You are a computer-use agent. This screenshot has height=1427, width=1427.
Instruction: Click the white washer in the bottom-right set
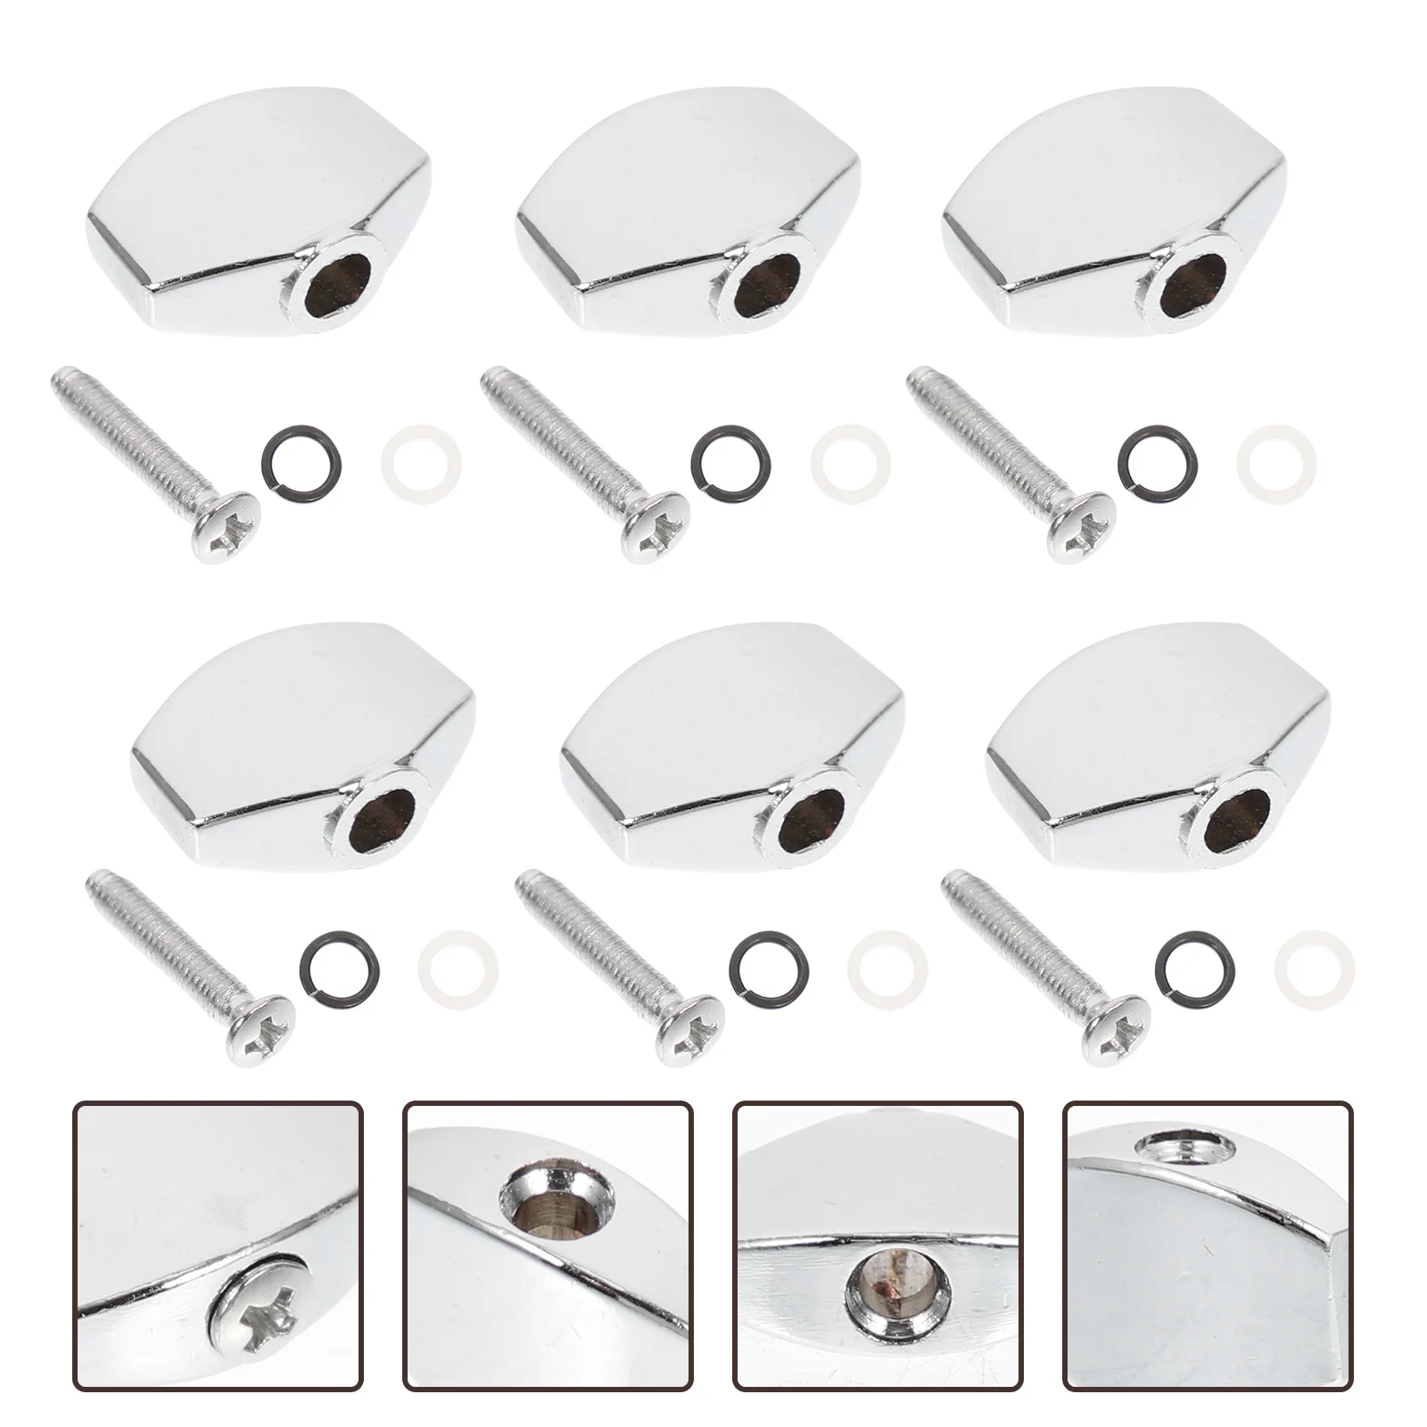[x=1316, y=965]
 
